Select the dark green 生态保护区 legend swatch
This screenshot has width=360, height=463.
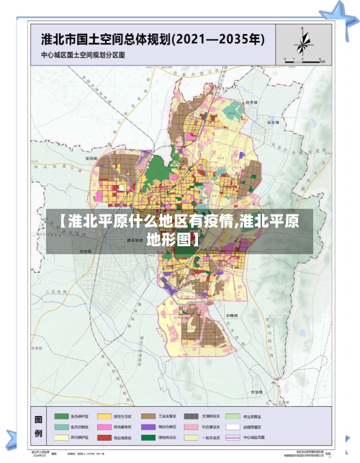click(x=61, y=416)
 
